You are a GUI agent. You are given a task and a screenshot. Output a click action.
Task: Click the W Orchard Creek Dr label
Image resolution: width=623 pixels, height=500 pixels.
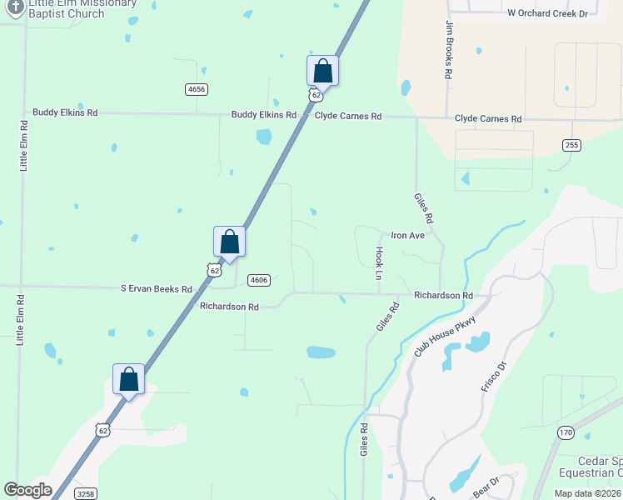(x=547, y=13)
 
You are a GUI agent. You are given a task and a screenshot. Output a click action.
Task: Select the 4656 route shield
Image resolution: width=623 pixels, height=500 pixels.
(x=197, y=89)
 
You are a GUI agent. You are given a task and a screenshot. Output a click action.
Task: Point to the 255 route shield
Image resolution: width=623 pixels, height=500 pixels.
(x=571, y=145)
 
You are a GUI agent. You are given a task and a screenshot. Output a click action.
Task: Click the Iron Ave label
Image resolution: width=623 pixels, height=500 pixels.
(x=408, y=236)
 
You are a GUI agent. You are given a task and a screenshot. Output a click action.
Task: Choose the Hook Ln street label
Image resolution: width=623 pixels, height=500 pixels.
(x=379, y=262)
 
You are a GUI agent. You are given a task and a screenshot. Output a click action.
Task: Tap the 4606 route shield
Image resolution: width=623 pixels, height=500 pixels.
(x=259, y=280)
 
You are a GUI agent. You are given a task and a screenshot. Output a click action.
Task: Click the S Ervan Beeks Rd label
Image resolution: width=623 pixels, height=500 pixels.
(x=157, y=289)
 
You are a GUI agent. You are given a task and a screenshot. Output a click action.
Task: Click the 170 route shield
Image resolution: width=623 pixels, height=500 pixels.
(x=566, y=432)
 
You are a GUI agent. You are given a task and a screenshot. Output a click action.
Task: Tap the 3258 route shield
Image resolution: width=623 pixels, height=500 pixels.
(x=85, y=493)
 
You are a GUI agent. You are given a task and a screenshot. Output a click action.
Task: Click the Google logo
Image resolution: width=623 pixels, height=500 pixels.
(x=27, y=490)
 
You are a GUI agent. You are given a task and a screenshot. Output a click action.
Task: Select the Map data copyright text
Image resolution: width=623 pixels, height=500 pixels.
(x=587, y=493)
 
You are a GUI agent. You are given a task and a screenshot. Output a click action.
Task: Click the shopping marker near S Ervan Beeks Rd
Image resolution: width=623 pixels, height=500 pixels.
(x=229, y=242)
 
